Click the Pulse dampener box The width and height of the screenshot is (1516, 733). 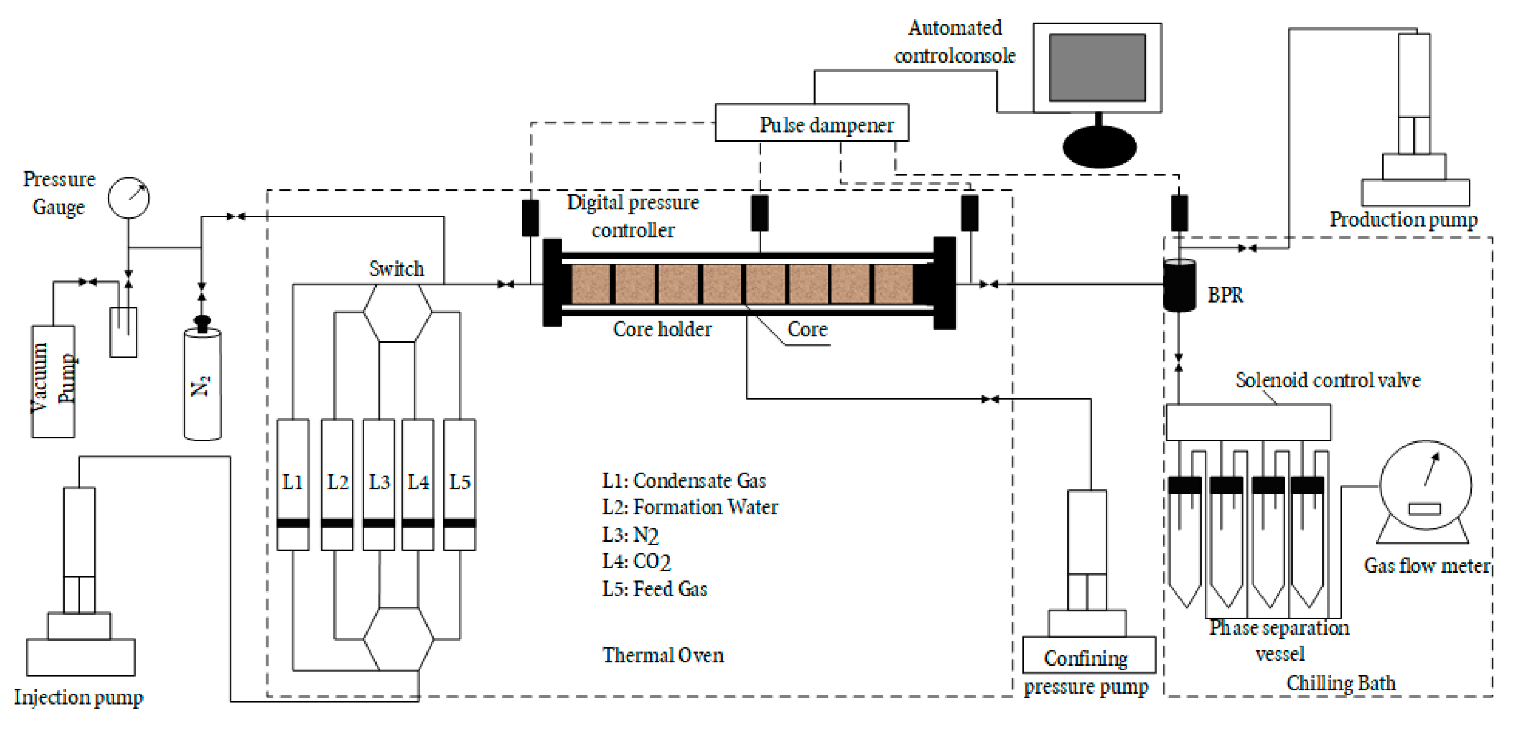pyautogui.click(x=811, y=123)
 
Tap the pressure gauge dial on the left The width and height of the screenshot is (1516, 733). pyautogui.click(x=128, y=198)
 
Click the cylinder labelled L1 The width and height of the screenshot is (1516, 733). pyautogui.click(x=292, y=484)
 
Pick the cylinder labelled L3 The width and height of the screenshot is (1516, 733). pyautogui.click(x=379, y=484)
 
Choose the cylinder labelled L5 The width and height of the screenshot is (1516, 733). pyautogui.click(x=460, y=484)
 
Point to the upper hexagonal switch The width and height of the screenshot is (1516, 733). pyautogui.click(x=397, y=313)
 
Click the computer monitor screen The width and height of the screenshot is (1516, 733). pyautogui.click(x=1097, y=67)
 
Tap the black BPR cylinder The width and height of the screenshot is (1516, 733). pyautogui.click(x=1179, y=286)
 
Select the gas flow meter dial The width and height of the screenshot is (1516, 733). pyautogui.click(x=1426, y=486)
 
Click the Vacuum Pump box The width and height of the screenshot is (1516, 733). pyautogui.click(x=53, y=381)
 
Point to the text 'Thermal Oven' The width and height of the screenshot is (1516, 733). pyautogui.click(x=663, y=655)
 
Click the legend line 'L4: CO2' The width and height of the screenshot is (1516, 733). pyautogui.click(x=636, y=561)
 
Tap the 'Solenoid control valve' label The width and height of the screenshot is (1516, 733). pyautogui.click(x=1328, y=380)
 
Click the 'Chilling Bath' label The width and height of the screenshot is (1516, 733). pyautogui.click(x=1340, y=683)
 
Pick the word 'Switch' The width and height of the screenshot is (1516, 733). pyautogui.click(x=396, y=269)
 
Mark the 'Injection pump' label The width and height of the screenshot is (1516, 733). pyautogui.click(x=78, y=697)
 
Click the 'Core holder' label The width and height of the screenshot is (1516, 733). pyautogui.click(x=662, y=329)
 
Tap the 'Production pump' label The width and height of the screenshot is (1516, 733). pyautogui.click(x=1403, y=219)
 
